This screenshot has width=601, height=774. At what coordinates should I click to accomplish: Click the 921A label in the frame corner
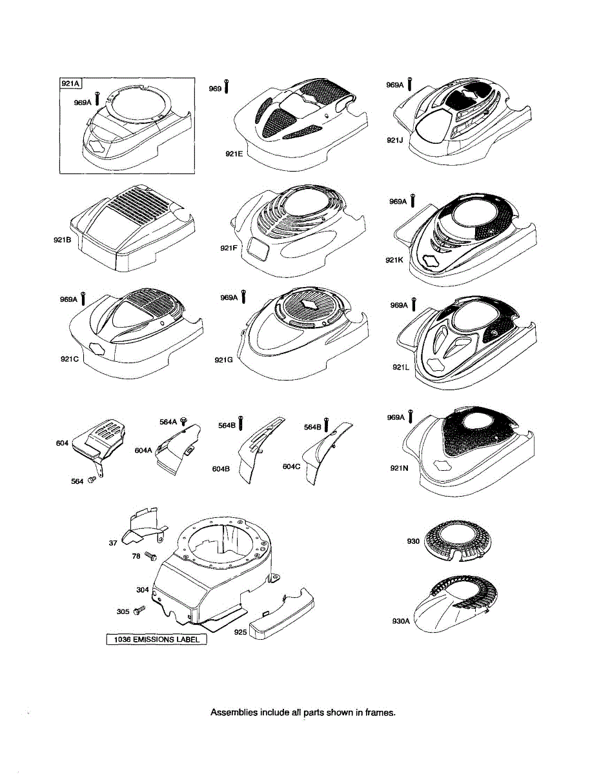coord(70,83)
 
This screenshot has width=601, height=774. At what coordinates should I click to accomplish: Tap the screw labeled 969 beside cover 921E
coord(227,88)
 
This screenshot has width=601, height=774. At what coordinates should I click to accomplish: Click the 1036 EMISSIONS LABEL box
coord(157,640)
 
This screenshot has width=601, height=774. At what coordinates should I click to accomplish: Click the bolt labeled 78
coord(151,555)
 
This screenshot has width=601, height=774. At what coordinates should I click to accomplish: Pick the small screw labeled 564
coord(92,479)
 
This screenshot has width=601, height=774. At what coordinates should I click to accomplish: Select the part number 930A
coord(401,621)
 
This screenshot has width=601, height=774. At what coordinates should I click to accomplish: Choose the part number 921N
coord(398,469)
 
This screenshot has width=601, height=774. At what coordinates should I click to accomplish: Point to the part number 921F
coord(229,248)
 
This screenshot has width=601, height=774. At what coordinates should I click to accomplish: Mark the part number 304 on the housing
coord(142,590)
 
